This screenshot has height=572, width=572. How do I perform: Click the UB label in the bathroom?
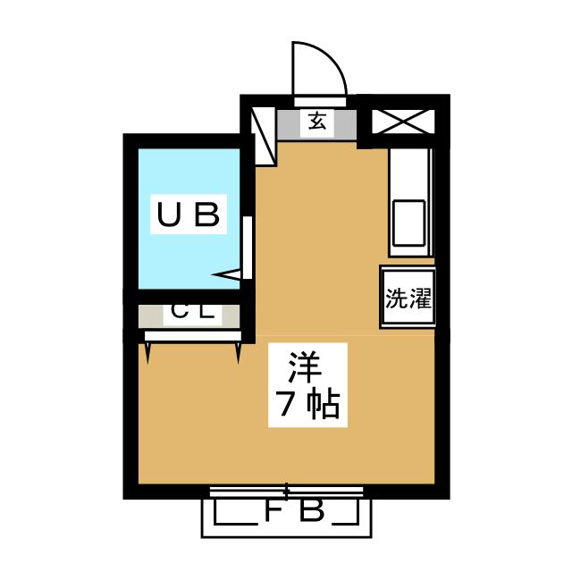(188, 214)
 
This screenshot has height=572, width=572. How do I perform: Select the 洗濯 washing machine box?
(408, 297)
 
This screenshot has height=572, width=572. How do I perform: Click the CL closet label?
(190, 314)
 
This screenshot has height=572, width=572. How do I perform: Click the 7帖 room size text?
(304, 406)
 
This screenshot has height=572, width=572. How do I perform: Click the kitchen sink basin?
(410, 223)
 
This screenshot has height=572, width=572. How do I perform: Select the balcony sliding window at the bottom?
(286, 490)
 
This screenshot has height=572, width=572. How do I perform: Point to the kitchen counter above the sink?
(410, 170)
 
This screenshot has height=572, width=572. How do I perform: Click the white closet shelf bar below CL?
(193, 336)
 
